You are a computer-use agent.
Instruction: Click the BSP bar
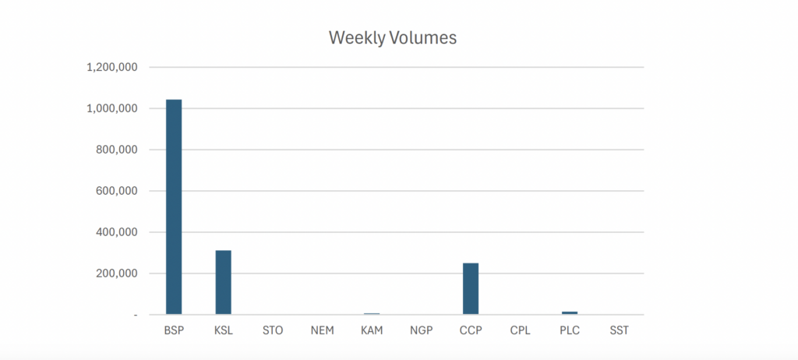coord(174,206)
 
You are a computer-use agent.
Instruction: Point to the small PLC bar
coord(570,312)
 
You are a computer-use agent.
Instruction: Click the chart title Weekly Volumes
coord(392,37)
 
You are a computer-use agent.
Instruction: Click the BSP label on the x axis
coord(174,330)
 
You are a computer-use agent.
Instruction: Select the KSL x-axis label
coord(224,330)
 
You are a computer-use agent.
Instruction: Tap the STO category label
coord(273,330)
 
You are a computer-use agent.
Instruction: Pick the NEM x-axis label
coord(322,330)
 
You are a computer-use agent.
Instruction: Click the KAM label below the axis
coord(372,330)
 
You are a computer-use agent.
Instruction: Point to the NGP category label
coord(422,330)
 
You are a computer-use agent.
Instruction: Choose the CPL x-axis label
coord(520,330)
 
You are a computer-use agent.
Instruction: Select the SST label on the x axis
coord(619,330)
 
